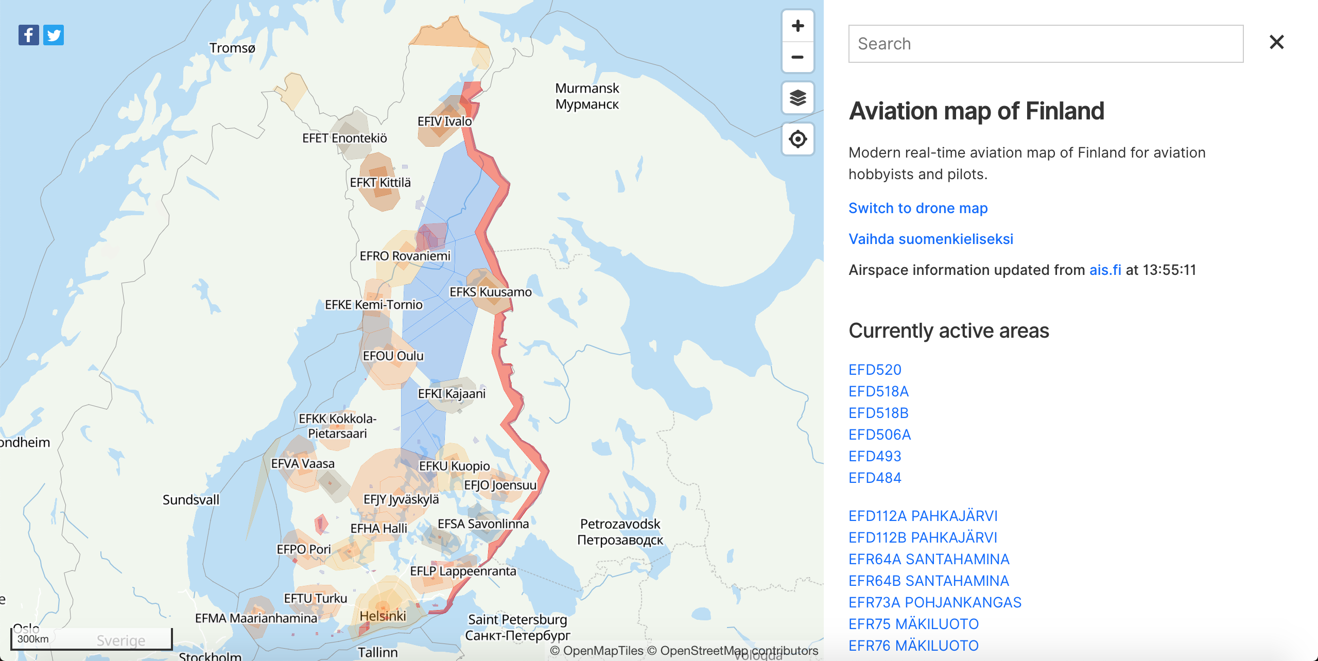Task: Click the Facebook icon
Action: (29, 35)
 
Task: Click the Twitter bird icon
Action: (54, 35)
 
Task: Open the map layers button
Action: (797, 98)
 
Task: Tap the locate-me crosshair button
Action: (797, 139)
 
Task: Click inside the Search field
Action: (1045, 44)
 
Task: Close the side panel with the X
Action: (1276, 42)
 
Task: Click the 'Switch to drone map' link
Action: (918, 208)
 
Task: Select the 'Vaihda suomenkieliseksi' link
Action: (930, 239)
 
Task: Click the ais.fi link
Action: (1105, 270)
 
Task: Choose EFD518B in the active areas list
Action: (878, 413)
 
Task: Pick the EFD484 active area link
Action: (875, 478)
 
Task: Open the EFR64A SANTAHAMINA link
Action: (929, 559)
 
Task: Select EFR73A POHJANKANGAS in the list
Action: (935, 602)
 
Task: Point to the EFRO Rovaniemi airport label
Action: (405, 256)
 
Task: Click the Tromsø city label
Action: (232, 48)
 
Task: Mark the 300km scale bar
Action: (92, 639)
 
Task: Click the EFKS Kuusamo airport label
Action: (490, 292)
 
